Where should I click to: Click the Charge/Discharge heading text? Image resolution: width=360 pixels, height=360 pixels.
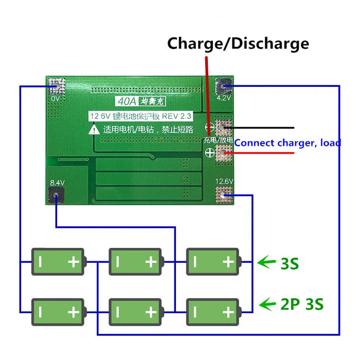point(238,43)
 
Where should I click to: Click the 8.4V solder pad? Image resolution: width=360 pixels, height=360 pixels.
point(56,194)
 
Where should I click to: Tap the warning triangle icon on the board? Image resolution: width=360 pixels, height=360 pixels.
point(94,130)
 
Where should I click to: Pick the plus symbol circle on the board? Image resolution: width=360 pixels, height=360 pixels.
point(209,152)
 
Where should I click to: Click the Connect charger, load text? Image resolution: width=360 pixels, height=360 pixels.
point(287,142)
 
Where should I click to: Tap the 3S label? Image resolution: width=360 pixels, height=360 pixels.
point(290,264)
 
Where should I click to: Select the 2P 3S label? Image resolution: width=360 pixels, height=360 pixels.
point(301,304)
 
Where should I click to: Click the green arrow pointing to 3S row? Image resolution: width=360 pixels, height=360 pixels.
point(266,263)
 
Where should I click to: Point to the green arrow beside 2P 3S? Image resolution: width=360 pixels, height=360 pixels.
point(267,304)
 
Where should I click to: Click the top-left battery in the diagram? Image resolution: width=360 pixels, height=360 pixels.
point(58,262)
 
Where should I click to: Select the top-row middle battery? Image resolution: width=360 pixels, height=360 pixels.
point(135,262)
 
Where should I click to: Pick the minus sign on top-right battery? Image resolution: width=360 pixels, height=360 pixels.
point(195,262)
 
